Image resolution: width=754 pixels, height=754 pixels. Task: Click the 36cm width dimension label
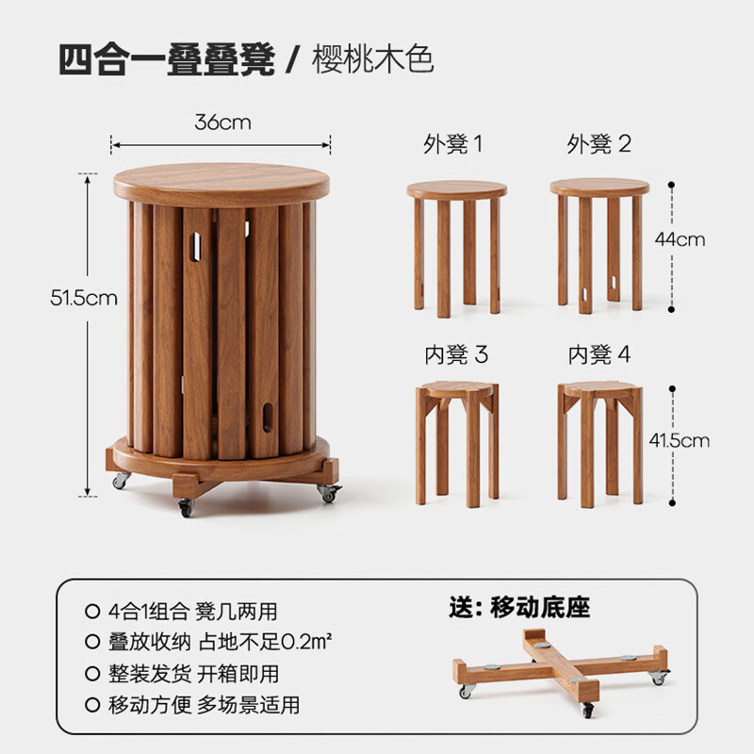222,123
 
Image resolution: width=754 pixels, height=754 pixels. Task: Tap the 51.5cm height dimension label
84,298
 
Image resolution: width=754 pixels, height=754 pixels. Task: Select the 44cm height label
680,239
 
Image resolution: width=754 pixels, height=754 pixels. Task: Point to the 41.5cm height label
679,440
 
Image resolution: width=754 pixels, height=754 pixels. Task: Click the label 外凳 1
452,144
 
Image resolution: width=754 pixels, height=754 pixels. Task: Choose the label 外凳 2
598,144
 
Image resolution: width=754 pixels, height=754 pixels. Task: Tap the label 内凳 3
456,355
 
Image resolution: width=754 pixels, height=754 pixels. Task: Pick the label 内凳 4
599,355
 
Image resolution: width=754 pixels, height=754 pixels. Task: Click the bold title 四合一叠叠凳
167,59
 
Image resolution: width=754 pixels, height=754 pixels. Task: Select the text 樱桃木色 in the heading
372,59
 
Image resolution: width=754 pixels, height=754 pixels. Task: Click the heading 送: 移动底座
519,607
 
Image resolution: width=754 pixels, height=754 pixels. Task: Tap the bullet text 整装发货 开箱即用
193,674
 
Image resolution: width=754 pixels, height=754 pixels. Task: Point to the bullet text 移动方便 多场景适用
204,705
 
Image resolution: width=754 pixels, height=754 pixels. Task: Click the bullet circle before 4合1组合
92,611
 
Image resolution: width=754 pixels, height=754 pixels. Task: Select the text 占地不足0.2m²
265,642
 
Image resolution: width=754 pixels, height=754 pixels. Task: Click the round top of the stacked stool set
221,185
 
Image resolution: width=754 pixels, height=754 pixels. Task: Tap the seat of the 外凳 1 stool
457,189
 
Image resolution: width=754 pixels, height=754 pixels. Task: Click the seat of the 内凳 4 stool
600,389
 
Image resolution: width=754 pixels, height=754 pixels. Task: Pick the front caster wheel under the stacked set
186,508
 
